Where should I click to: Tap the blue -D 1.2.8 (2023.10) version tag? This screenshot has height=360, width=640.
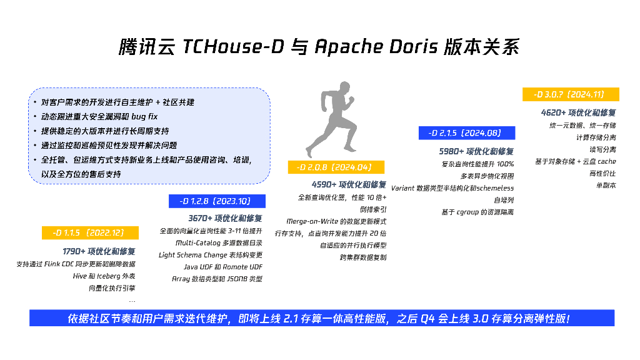217,201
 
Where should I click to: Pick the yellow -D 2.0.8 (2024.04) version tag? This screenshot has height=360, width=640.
336,167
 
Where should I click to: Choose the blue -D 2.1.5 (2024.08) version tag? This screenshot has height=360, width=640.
466,132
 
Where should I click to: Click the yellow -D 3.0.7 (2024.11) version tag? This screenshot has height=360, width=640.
570,94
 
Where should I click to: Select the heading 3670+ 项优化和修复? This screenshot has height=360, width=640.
225,218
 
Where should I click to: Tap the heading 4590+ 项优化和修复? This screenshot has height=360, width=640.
349,184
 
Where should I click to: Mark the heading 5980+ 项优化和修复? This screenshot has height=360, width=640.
476,151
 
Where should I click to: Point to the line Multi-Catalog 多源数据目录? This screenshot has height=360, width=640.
219,243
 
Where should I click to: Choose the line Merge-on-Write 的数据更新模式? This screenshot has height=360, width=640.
336,221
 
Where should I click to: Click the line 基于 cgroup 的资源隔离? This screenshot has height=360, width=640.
477,212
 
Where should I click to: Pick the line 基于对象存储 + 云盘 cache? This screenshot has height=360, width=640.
575,161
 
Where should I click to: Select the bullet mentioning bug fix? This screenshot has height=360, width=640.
99,117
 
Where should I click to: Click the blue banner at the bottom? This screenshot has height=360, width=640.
321,318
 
